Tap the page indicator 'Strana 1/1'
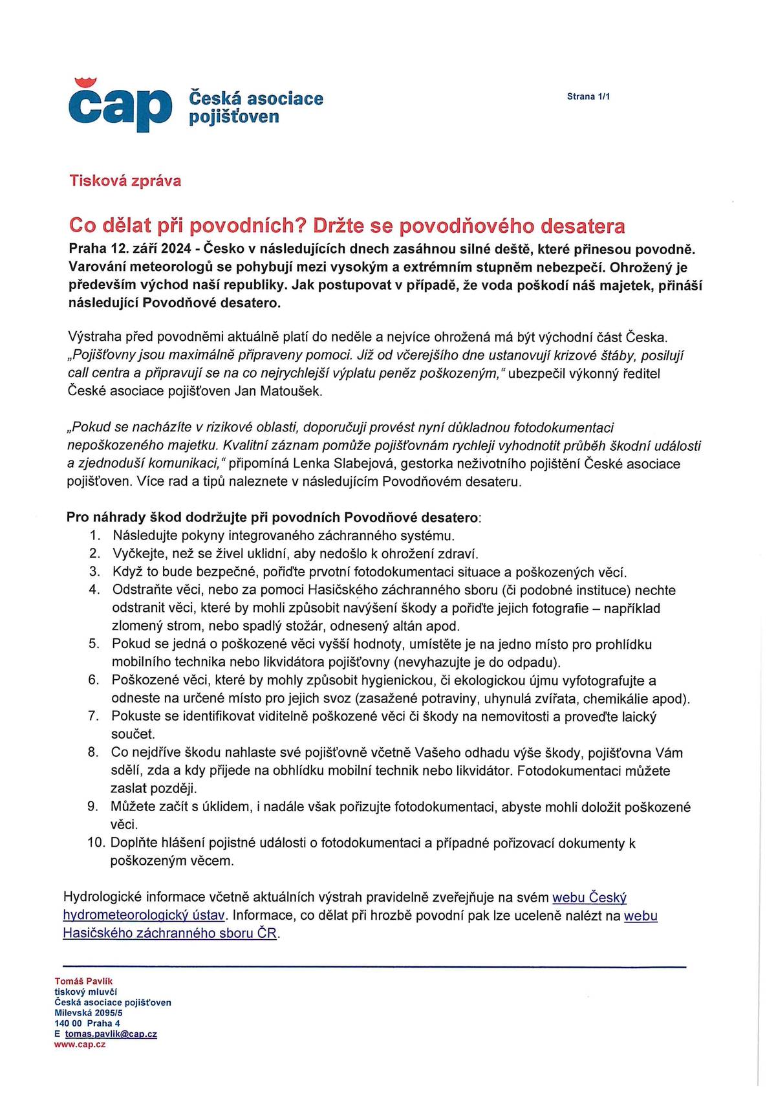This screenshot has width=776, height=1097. [x=588, y=96]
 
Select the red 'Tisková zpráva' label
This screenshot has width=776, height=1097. [x=125, y=180]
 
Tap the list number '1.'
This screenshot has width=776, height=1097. [x=95, y=536]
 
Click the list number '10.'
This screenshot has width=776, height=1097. [x=96, y=843]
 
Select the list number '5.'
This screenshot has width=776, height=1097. [x=94, y=644]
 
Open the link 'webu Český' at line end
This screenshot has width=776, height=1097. [x=589, y=898]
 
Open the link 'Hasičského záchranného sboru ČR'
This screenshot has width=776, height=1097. [x=170, y=933]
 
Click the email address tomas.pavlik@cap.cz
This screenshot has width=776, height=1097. [x=111, y=1034]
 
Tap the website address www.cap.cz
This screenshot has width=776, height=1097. [x=80, y=1045]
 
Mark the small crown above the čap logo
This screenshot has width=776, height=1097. [x=85, y=82]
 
